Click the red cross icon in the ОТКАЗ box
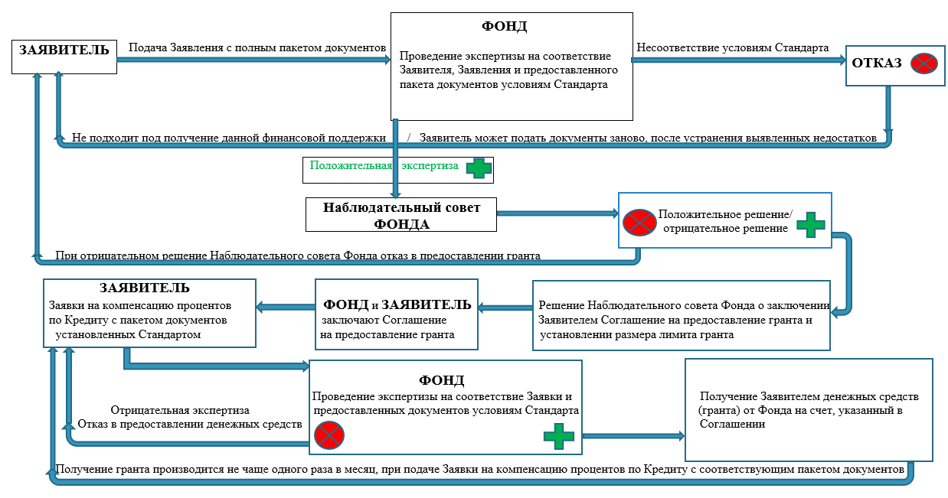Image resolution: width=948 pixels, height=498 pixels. (x=924, y=63)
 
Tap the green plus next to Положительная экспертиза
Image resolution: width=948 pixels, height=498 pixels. (x=479, y=168)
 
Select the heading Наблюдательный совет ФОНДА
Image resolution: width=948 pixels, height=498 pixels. (x=401, y=216)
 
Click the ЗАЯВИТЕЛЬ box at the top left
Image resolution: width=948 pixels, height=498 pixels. (x=64, y=57)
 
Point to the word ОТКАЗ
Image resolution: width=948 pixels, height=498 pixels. (x=877, y=63)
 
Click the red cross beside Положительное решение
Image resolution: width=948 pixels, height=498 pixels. (x=639, y=222)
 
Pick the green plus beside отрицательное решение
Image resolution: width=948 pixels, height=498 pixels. (x=811, y=224)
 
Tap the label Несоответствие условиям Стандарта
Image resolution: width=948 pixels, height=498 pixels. (x=733, y=47)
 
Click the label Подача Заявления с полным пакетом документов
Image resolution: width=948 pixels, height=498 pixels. (x=257, y=47)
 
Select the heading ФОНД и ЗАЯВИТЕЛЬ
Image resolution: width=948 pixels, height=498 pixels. (x=397, y=304)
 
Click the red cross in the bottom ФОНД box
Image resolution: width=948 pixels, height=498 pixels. (x=329, y=435)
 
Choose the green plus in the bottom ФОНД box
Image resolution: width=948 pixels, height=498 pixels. (x=559, y=436)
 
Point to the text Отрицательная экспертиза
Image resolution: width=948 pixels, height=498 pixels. (x=180, y=410)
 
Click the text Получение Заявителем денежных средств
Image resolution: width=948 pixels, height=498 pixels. (x=809, y=396)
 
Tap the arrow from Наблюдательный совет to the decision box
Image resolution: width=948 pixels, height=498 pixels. (x=557, y=213)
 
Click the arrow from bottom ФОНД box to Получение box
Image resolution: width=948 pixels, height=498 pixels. (x=633, y=436)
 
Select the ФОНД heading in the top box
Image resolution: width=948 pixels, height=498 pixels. (x=504, y=26)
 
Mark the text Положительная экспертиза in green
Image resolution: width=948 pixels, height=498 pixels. (x=384, y=165)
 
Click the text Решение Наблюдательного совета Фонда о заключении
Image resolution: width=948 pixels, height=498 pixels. (x=684, y=305)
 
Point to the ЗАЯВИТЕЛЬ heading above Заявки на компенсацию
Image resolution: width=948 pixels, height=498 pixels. (x=145, y=288)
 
